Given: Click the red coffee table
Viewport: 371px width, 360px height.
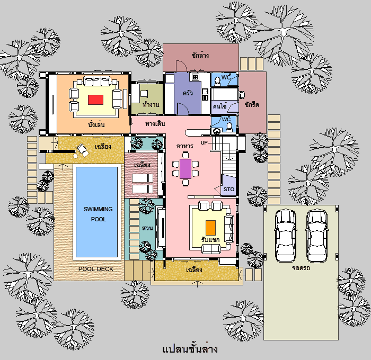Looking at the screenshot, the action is click(x=95, y=100).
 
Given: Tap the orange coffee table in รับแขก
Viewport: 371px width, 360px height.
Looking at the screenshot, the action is click(x=210, y=228).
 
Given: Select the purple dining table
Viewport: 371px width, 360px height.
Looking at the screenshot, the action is click(x=185, y=169).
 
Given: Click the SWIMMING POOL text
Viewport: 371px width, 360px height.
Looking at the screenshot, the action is click(x=98, y=214).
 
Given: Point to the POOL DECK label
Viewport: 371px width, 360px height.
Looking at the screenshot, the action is click(x=96, y=269).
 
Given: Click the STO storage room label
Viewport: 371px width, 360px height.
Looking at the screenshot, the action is click(x=229, y=190).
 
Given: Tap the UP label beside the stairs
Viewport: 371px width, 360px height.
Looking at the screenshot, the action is click(x=204, y=143).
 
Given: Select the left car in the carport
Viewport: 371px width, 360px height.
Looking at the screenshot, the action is click(x=286, y=236).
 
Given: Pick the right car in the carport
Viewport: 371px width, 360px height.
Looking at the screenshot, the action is click(x=317, y=236).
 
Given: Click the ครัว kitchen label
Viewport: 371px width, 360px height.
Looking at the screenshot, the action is click(x=188, y=93).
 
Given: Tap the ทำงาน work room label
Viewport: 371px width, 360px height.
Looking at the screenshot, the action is click(x=151, y=104).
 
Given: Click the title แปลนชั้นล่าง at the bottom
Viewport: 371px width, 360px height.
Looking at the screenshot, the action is click(x=190, y=349).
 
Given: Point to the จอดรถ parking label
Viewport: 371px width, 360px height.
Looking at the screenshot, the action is click(x=301, y=268).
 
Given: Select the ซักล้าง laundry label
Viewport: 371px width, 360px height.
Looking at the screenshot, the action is click(x=200, y=55).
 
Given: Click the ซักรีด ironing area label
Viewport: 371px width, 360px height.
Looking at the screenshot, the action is click(x=252, y=104).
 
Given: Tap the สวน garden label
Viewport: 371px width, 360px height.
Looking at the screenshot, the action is click(x=147, y=228).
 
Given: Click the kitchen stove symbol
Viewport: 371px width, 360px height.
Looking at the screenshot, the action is click(x=195, y=77).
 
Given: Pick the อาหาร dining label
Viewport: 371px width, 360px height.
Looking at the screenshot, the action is click(x=185, y=146).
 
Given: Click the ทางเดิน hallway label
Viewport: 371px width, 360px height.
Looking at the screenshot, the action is click(x=155, y=124).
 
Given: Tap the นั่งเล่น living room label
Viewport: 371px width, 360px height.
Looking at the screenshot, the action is click(x=96, y=124).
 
